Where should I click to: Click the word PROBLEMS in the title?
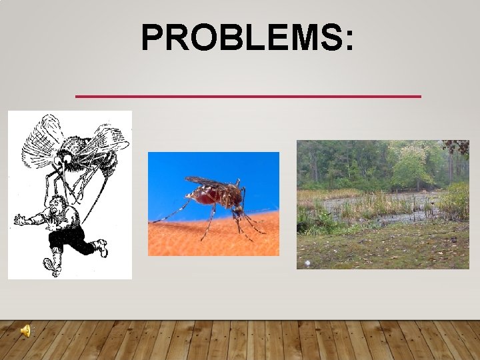(x=240, y=38)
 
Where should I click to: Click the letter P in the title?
(x=153, y=38)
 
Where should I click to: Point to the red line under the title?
(x=248, y=97)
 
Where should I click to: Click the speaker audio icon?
(x=25, y=331)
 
